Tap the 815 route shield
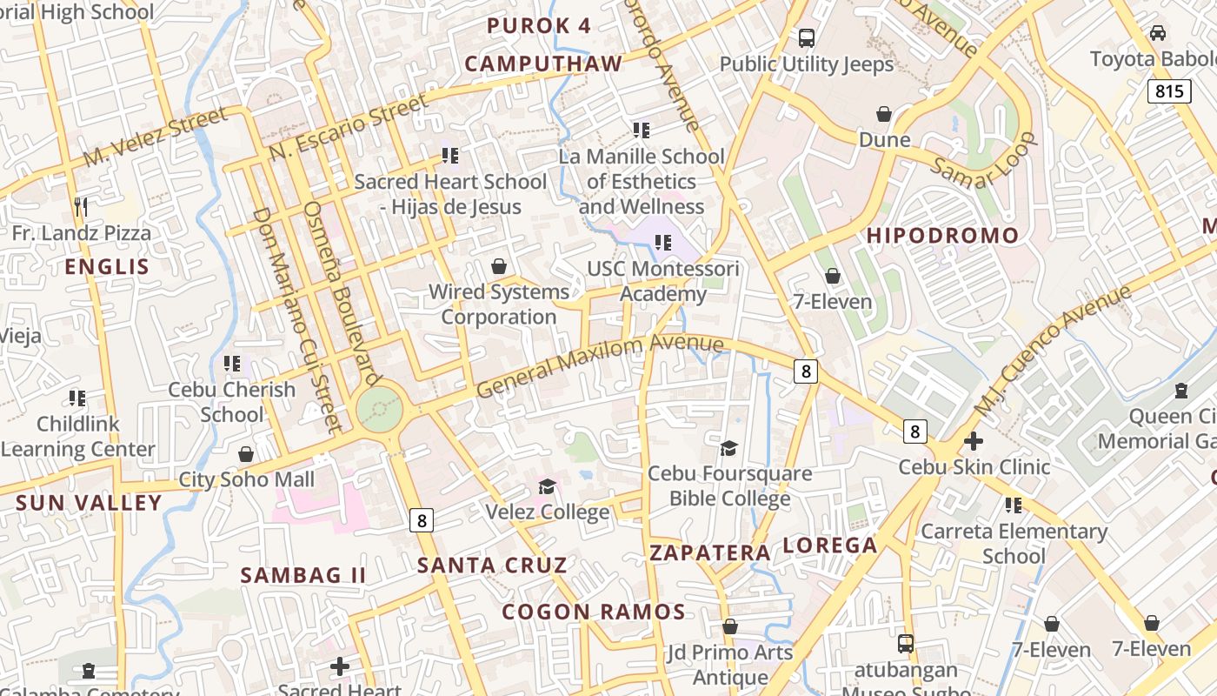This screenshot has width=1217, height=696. [x=1168, y=91]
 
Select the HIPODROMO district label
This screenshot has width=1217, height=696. [x=942, y=236]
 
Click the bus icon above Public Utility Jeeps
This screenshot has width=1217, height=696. [x=807, y=38]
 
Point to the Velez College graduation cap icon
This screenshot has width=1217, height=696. [x=547, y=486]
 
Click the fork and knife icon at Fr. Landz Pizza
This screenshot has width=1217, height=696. [x=81, y=206]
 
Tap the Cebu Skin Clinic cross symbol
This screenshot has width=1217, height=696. [x=974, y=441]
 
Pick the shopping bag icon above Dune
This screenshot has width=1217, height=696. [x=884, y=114]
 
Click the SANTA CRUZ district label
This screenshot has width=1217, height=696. [x=492, y=565]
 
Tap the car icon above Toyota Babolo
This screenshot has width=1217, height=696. [x=1158, y=33]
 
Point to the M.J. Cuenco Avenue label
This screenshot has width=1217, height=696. [x=1052, y=348]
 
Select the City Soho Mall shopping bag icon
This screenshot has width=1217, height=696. [x=246, y=454]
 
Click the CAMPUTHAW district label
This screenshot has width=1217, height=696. [x=543, y=64]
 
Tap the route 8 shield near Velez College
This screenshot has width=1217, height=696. [x=422, y=520]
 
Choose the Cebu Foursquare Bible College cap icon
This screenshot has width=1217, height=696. [x=728, y=448]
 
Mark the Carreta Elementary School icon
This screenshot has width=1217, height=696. [x=1013, y=505]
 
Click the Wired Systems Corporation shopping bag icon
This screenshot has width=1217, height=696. [x=499, y=266]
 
